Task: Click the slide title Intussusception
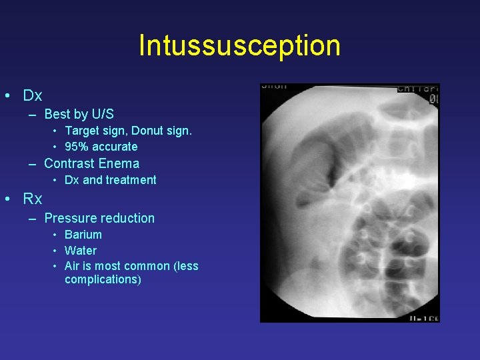(x=239, y=45)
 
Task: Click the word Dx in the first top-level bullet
(x=33, y=95)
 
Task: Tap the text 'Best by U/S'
(x=79, y=115)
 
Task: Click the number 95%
(x=77, y=147)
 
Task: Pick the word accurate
(x=114, y=147)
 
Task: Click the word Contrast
(x=69, y=163)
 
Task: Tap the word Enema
(x=119, y=163)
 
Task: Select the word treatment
(x=131, y=180)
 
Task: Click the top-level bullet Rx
(x=33, y=199)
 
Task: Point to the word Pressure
(x=69, y=218)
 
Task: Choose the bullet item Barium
(x=83, y=235)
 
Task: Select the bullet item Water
(x=81, y=251)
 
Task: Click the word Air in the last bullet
(x=72, y=266)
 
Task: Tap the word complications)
(x=103, y=279)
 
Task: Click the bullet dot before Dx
(x=6, y=96)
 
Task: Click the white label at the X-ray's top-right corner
(x=418, y=88)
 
